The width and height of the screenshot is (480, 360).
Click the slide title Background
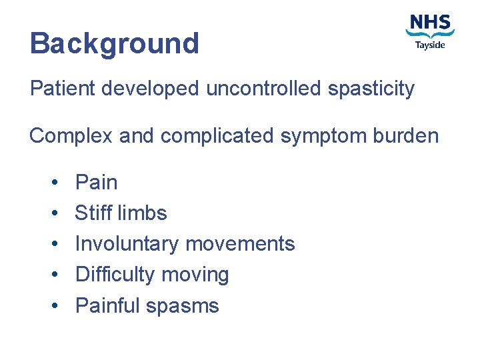pyautogui.click(x=114, y=44)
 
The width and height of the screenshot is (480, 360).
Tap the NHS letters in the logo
pyautogui.click(x=430, y=23)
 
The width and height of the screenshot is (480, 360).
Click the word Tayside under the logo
pyautogui.click(x=430, y=45)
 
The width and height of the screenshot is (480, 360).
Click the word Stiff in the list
pyautogui.click(x=93, y=213)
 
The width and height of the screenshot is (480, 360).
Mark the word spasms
pyautogui.click(x=182, y=306)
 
